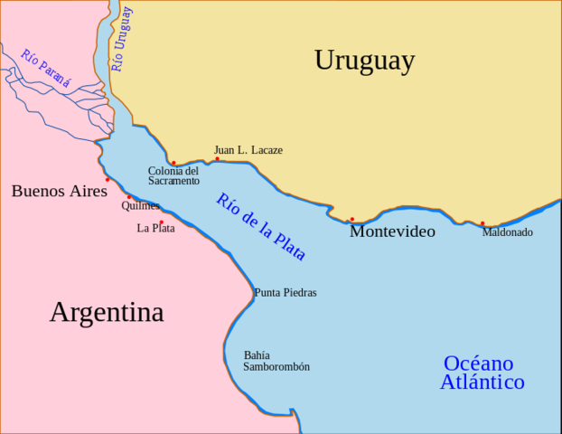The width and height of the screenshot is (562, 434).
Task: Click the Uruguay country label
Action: pyautogui.click(x=364, y=61)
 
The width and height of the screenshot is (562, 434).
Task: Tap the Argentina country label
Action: pyautogui.click(x=107, y=313)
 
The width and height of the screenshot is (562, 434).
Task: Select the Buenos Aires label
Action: pyautogui.click(x=59, y=191)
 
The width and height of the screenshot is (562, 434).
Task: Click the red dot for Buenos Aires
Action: pyautogui.click(x=108, y=179)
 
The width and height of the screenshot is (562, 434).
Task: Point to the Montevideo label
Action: pyautogui.click(x=392, y=231)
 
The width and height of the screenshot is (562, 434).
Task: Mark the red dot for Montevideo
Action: pyautogui.click(x=352, y=219)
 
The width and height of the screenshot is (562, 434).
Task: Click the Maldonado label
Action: pyautogui.click(x=507, y=232)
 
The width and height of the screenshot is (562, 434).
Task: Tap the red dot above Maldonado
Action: pyautogui.click(x=482, y=223)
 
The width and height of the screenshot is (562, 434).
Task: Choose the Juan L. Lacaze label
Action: pyautogui.click(x=248, y=150)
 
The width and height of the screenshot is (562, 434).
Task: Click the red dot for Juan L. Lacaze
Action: pyautogui.click(x=217, y=159)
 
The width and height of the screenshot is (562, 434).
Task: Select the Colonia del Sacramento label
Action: pyautogui.click(x=173, y=175)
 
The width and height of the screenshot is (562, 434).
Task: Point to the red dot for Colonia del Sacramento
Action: pyautogui.click(x=173, y=164)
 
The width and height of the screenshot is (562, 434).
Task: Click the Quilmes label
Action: pyautogui.click(x=140, y=205)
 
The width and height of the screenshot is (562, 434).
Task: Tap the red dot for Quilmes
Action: pyautogui.click(x=129, y=197)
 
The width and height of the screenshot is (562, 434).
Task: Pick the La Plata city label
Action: pyautogui.click(x=155, y=228)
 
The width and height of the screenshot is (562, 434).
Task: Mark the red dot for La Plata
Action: pyautogui.click(x=162, y=222)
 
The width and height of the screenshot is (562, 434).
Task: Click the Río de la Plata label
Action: pyautogui.click(x=261, y=227)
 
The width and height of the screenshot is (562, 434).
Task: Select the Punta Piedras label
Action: pyautogui.click(x=286, y=293)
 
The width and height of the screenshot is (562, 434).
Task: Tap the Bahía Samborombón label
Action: pyautogui.click(x=276, y=361)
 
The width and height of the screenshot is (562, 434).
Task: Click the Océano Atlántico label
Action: pyautogui.click(x=482, y=373)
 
